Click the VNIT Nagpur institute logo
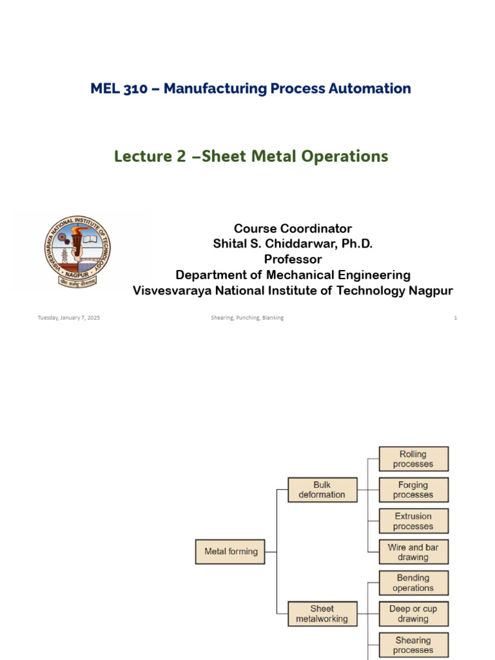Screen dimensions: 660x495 point(78,251)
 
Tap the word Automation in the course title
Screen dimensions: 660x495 point(370,89)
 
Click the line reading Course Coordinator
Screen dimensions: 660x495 point(293,229)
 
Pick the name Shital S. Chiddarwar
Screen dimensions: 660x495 point(293,244)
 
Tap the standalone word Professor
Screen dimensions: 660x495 point(293,260)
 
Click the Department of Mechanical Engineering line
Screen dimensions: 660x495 point(293,275)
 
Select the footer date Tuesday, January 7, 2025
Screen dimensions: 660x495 point(68,318)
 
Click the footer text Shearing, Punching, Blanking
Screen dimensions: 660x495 point(247,318)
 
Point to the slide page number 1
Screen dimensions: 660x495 point(455,318)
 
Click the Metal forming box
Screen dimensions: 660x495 point(230,552)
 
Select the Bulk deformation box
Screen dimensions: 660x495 point(322,490)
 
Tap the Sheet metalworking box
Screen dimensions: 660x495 point(322,614)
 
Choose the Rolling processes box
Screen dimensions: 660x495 point(413,459)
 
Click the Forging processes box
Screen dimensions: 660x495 point(413,490)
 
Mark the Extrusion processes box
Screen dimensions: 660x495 point(413,521)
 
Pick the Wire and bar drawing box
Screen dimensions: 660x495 point(413,552)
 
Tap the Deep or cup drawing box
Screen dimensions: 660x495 point(413,614)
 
